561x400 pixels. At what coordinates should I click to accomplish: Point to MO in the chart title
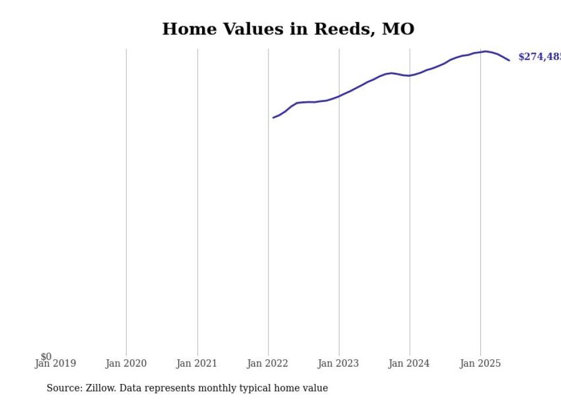398,29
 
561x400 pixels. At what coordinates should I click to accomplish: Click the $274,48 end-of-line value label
539,57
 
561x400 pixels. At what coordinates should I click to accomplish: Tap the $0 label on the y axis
46,357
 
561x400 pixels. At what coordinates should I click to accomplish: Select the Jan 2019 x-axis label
55,363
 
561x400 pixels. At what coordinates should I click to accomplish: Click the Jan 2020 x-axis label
126,363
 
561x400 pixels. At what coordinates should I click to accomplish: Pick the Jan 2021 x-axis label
197,363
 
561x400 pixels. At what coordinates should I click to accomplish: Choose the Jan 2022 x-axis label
268,363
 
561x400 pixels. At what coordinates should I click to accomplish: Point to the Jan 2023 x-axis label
339,363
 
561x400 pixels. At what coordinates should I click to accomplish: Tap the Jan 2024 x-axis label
409,363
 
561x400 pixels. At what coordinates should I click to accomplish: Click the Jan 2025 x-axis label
480,363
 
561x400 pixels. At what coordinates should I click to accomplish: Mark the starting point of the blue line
273,118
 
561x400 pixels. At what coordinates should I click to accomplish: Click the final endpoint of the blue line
509,60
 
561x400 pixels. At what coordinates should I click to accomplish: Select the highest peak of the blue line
486,51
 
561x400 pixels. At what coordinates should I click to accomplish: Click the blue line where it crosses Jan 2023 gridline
339,96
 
